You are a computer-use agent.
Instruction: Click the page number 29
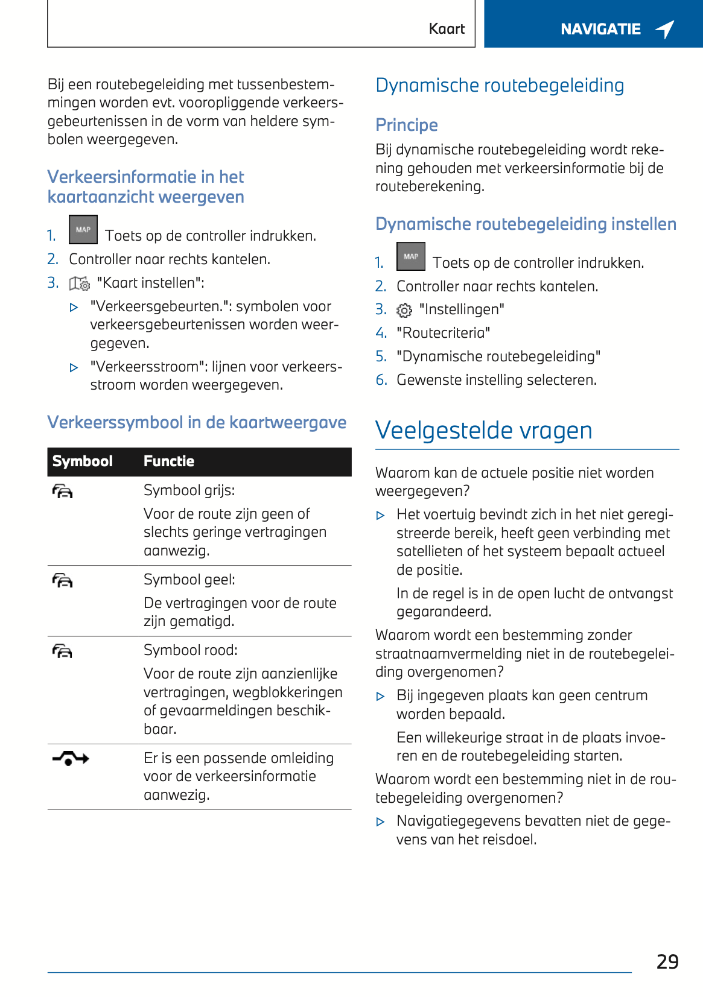(x=667, y=961)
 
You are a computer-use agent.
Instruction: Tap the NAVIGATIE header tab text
(x=600, y=29)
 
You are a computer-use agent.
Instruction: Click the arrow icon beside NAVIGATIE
(x=665, y=29)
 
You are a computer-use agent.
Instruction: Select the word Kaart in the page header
(x=447, y=29)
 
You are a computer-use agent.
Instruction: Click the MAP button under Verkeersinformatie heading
(x=83, y=230)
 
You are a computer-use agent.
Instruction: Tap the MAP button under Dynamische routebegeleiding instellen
(x=411, y=256)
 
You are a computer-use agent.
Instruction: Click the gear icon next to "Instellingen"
(x=404, y=310)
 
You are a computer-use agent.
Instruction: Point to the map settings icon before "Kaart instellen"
(x=79, y=283)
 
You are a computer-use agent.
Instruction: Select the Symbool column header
(x=83, y=461)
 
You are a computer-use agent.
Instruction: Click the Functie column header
(x=169, y=461)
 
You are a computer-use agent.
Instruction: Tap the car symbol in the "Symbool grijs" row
(x=63, y=492)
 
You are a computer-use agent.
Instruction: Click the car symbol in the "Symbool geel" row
(x=63, y=581)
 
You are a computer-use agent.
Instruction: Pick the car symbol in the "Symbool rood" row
(x=63, y=651)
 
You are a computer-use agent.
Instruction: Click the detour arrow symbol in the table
(x=71, y=759)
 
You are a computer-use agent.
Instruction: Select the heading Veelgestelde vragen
(x=483, y=431)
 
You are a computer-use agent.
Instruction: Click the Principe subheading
(x=407, y=125)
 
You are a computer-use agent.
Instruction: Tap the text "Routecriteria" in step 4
(x=443, y=333)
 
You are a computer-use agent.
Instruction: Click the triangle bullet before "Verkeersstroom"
(x=74, y=367)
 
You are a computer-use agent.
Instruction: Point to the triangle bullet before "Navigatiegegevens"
(x=380, y=821)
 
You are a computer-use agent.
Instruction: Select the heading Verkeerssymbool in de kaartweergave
(x=197, y=422)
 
